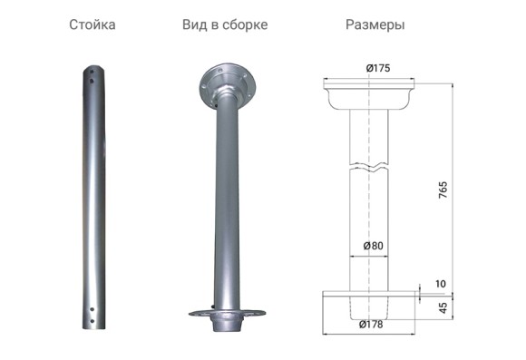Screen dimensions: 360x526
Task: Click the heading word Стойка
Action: [92, 24]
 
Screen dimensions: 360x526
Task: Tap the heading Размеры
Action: [375, 24]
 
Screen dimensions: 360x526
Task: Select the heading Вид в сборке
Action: [224, 24]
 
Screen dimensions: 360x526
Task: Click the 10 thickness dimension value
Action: [441, 284]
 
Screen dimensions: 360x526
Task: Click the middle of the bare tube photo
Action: [92, 195]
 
